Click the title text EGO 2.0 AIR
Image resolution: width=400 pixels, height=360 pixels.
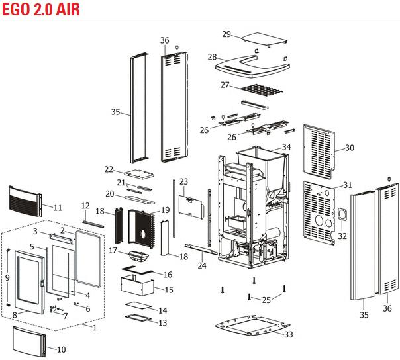(x=42, y=9)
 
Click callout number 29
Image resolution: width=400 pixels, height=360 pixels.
(x=226, y=34)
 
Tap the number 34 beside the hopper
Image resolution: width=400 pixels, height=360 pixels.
(x=286, y=147)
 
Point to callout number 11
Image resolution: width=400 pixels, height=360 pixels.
(x=58, y=208)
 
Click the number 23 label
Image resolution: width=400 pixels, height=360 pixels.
(x=183, y=181)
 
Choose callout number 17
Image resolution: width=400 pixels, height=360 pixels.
(x=113, y=251)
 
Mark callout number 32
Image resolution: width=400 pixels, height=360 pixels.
(x=342, y=236)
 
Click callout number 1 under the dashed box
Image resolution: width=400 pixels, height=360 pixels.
(x=94, y=327)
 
